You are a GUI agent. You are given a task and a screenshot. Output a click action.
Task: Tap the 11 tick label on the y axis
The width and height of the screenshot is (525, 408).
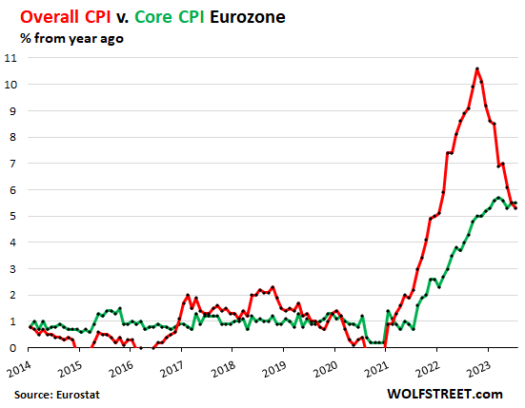(x=10, y=58)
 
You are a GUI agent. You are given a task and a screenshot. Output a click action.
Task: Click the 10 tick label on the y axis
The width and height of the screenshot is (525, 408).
(x=10, y=85)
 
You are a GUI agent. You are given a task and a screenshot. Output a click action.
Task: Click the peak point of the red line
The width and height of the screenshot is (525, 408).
(x=477, y=68)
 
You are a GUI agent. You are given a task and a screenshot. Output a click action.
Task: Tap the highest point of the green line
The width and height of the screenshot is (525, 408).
(x=497, y=197)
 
